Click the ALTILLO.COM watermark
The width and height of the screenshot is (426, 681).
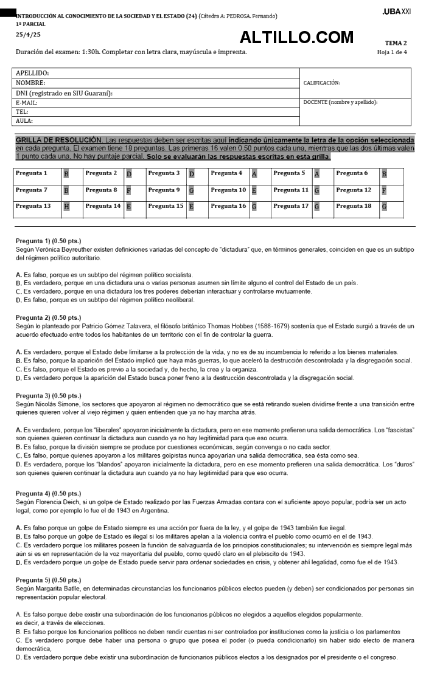296,38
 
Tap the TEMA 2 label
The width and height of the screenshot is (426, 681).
396,43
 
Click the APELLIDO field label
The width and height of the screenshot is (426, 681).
32,73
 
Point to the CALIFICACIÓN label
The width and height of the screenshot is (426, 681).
321,83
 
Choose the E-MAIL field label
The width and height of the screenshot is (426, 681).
27,103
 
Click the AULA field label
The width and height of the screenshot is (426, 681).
24,120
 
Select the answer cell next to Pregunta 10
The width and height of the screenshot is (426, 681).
254,190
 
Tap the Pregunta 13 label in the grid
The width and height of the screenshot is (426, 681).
33,206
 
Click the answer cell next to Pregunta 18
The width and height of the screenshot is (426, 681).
384,207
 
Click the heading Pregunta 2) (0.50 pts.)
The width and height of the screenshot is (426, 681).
48,317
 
